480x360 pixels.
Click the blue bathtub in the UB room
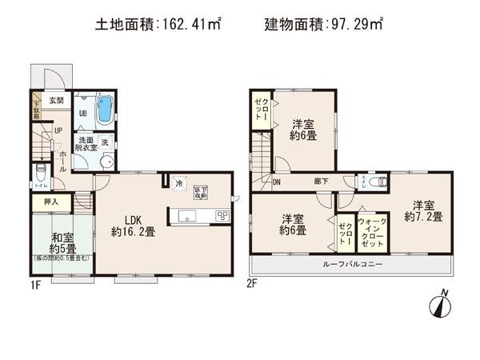tap(104, 110)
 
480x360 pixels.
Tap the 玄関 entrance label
tap(54, 101)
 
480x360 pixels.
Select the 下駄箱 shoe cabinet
tap(36, 107)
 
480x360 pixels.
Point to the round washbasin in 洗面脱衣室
tap(106, 160)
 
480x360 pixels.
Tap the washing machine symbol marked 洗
tap(104, 142)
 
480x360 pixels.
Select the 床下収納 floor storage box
tap(199, 192)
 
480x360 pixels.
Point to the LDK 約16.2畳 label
tap(133, 226)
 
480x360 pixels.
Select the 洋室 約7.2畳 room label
tap(421, 210)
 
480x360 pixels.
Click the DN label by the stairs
tap(277, 181)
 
